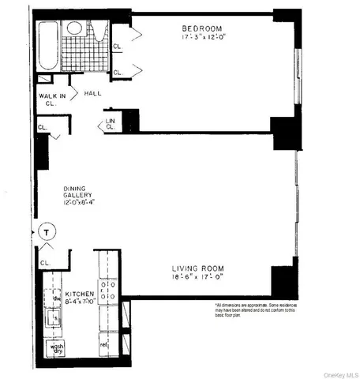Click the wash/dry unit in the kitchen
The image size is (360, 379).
[x=56, y=349]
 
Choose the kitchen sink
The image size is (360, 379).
[x=55, y=318]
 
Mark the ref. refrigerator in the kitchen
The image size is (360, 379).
[x=104, y=345]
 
